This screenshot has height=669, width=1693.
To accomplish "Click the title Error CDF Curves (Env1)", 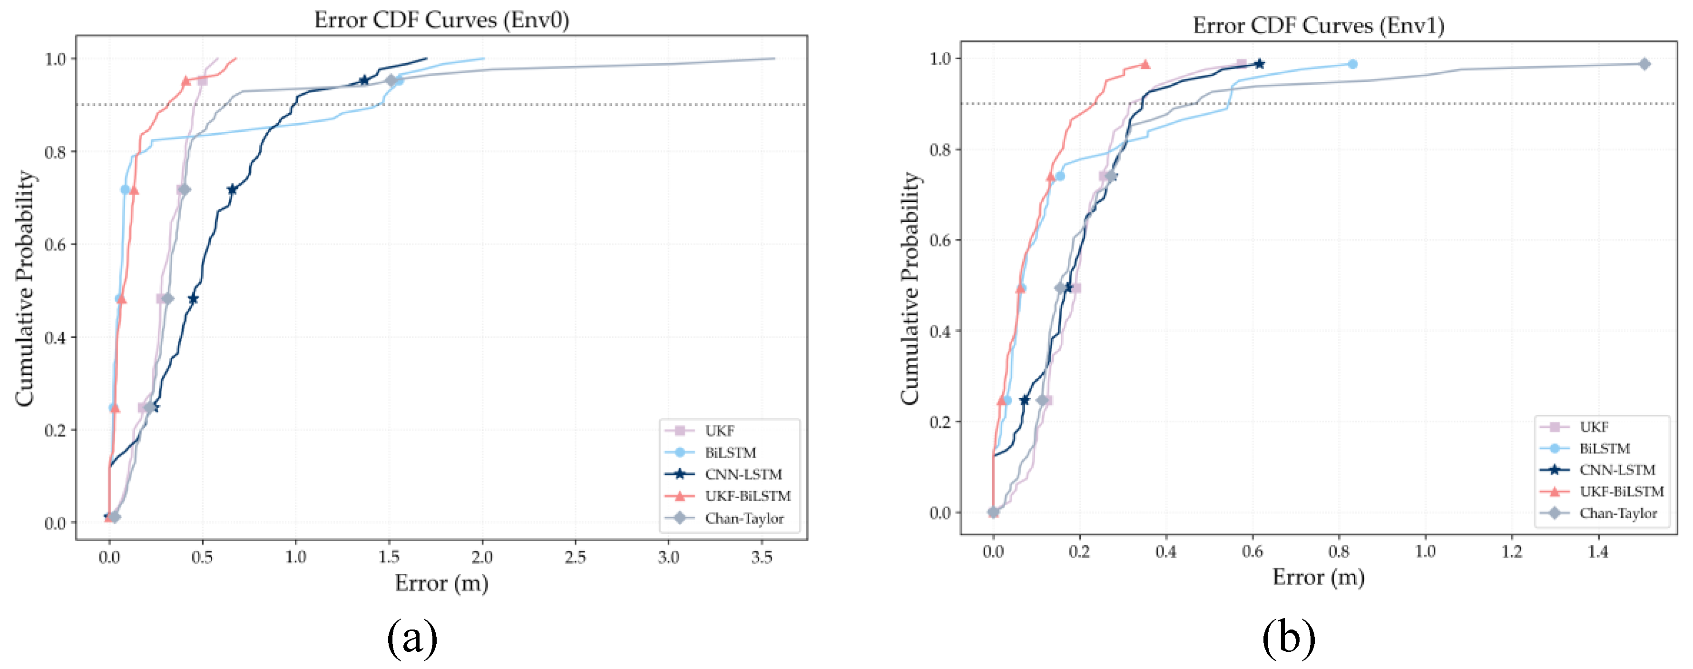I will [1318, 26].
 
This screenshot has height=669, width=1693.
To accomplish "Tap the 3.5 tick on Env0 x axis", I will [762, 557].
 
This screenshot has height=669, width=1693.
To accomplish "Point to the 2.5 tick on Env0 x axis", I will [575, 557].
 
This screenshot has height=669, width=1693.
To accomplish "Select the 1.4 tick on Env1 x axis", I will [1598, 551].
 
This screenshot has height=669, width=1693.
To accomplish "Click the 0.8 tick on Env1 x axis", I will [1339, 551].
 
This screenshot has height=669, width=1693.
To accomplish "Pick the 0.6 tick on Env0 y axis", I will [55, 245].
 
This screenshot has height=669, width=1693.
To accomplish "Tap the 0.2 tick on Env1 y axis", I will [940, 422].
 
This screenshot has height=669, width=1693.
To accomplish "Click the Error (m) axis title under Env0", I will [441, 583].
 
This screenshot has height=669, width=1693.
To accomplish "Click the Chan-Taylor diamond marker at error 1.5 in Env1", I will [1644, 64].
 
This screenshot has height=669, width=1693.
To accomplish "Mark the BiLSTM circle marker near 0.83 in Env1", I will [1352, 64].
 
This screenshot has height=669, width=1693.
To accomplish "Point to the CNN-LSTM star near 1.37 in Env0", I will [364, 80].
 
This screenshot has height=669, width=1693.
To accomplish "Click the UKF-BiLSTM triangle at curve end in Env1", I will [1145, 64].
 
